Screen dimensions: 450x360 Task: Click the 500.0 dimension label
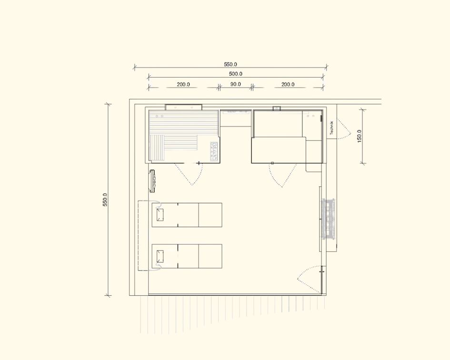pos(236,74)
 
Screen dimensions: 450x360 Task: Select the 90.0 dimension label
pos(236,84)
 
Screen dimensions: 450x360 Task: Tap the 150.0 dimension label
pos(360,136)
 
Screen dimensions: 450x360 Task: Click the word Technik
pos(332,128)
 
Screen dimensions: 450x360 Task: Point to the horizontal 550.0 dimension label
pos(230,64)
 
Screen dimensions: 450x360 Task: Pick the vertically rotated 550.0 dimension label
pos(105,200)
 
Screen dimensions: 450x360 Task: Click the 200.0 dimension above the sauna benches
pos(183,84)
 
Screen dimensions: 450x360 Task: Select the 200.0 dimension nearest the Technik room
pos(288,84)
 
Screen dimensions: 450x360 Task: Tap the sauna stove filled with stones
pos(214,151)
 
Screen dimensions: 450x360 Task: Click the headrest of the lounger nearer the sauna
pos(160,215)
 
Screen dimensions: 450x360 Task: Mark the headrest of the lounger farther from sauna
pos(160,256)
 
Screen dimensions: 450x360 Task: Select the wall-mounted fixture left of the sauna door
pos(152,181)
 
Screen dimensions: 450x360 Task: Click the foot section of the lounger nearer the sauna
pos(210,215)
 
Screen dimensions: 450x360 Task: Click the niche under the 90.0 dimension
pos(236,118)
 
